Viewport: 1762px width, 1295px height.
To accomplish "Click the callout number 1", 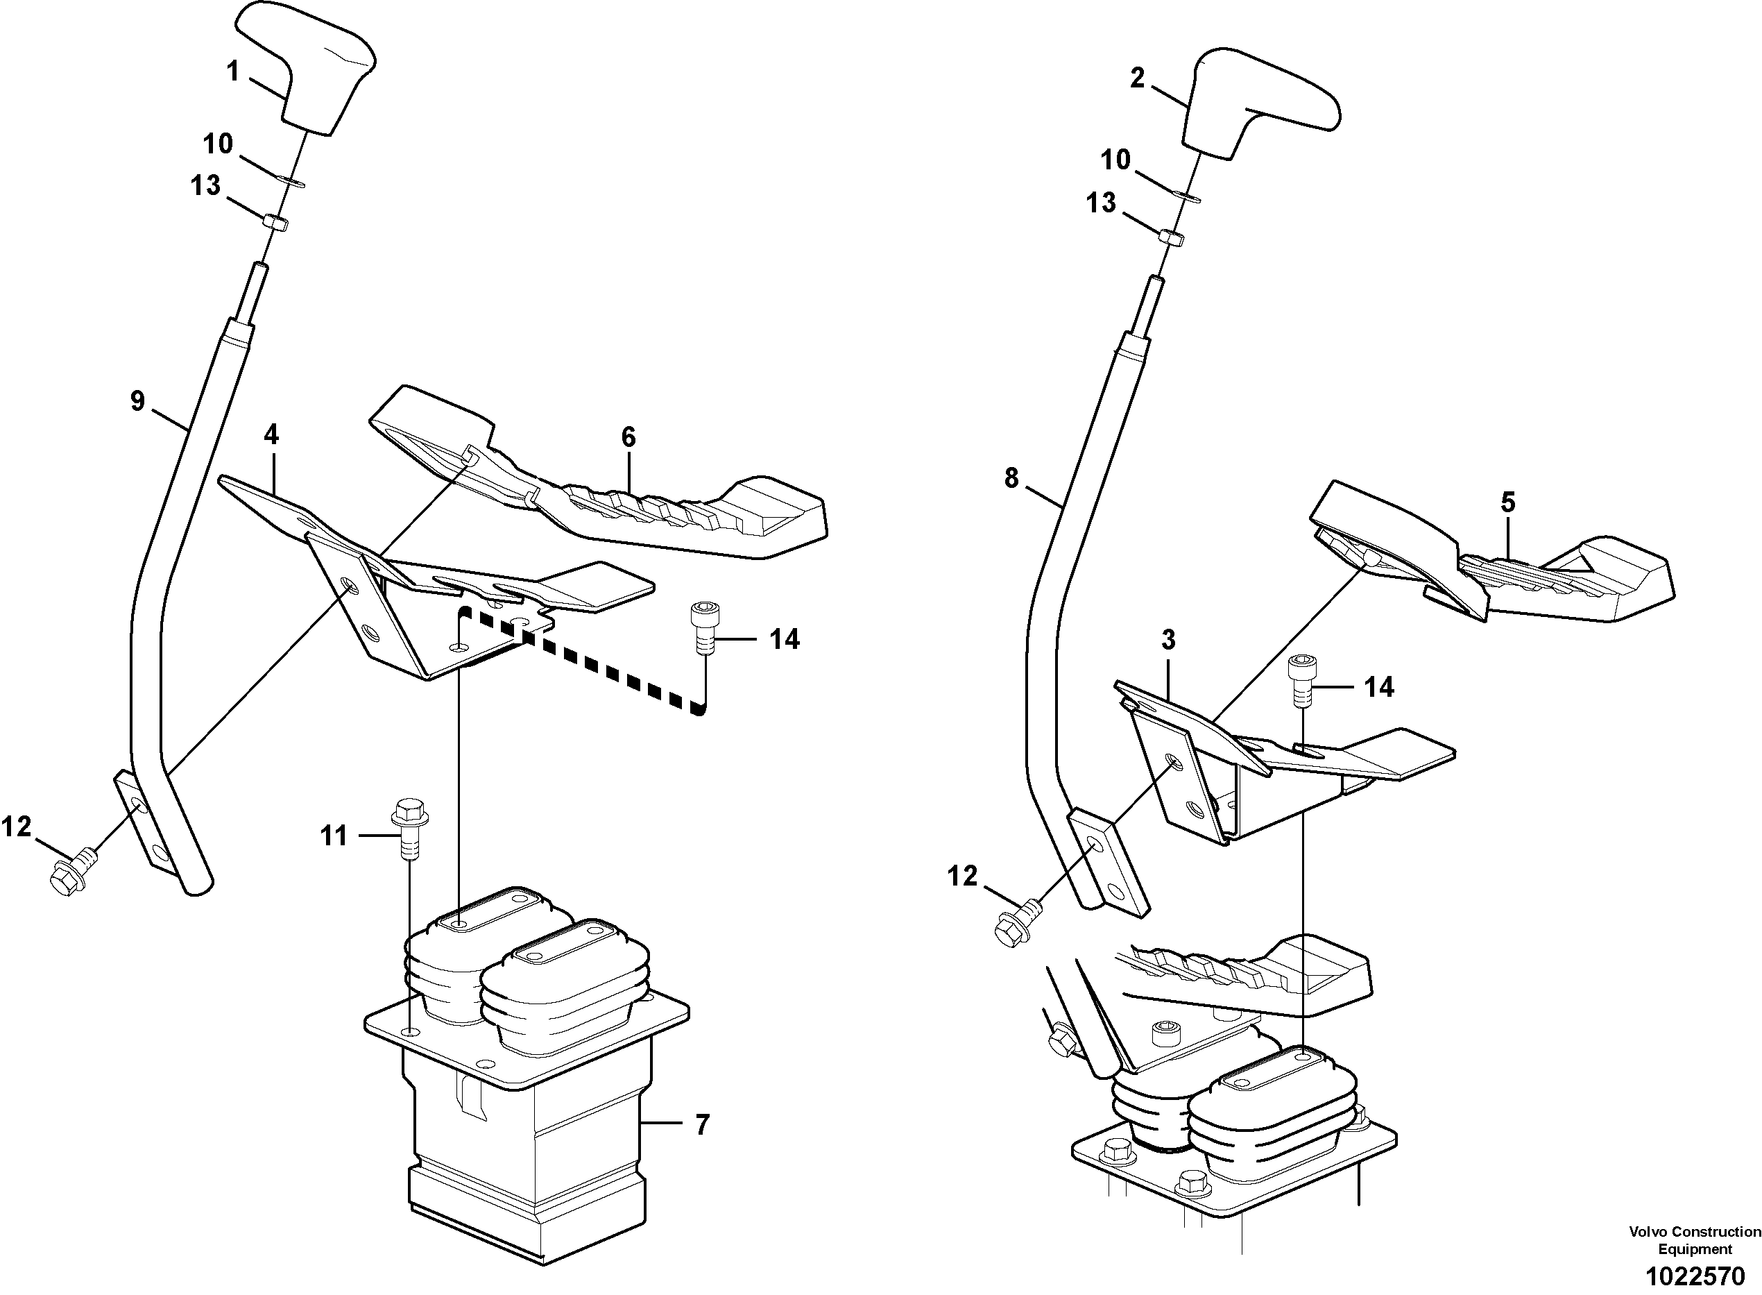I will coord(232,71).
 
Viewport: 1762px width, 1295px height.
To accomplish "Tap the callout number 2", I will coord(1137,78).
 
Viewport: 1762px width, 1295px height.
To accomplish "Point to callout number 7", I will coord(702,1125).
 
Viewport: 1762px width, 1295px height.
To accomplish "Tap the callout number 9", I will coord(138,401).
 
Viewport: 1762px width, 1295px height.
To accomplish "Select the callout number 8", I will coord(1011,477).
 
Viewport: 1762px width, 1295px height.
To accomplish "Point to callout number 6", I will coord(628,437).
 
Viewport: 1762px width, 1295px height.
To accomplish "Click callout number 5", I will coord(1507,502).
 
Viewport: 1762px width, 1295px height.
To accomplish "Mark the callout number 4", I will coord(271,434).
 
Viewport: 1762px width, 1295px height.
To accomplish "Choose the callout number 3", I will coord(1168,640).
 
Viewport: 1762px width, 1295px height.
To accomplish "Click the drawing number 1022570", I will coord(1695,1276).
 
